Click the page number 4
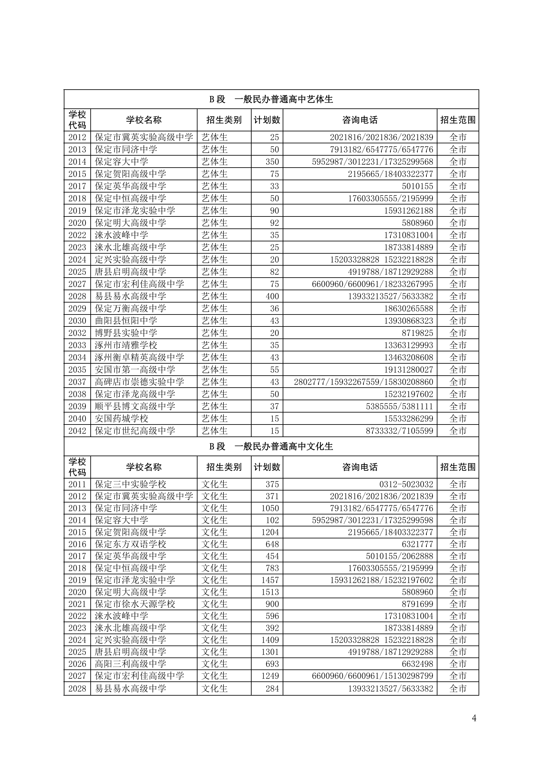(x=474, y=718)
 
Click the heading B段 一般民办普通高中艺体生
(x=271, y=99)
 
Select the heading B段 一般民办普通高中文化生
(x=271, y=446)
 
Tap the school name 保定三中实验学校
(x=130, y=484)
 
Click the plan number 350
(x=272, y=162)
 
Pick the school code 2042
(x=77, y=431)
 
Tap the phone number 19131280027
(x=408, y=369)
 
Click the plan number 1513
(x=270, y=592)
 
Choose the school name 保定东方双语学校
(x=130, y=544)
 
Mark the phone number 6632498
(x=417, y=664)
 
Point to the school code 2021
(x=77, y=604)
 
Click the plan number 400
(x=272, y=296)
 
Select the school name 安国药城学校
(x=121, y=419)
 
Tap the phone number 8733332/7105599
(x=399, y=431)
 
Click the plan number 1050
(x=270, y=508)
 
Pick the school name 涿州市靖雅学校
(x=126, y=345)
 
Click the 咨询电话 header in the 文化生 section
(x=360, y=467)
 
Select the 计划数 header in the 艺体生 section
(x=267, y=120)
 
